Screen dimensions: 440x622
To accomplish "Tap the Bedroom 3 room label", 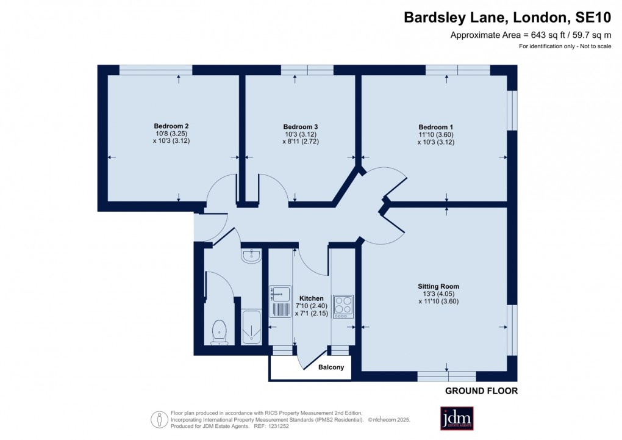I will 301,126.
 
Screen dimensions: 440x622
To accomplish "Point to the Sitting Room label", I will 438,286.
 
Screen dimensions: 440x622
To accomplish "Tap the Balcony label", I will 331,367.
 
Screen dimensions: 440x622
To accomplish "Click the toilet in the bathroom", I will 219,333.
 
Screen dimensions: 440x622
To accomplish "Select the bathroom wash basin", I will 251,256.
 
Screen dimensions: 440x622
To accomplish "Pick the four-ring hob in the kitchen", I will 343,306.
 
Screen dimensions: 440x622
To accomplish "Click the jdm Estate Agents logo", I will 457,418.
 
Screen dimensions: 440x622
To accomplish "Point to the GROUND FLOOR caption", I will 481,391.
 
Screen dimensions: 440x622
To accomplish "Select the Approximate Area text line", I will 531,35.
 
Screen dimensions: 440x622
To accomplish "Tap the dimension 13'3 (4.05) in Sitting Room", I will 438,293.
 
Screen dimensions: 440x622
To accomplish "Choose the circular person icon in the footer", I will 159,419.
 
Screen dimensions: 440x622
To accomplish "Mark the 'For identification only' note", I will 565,47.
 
